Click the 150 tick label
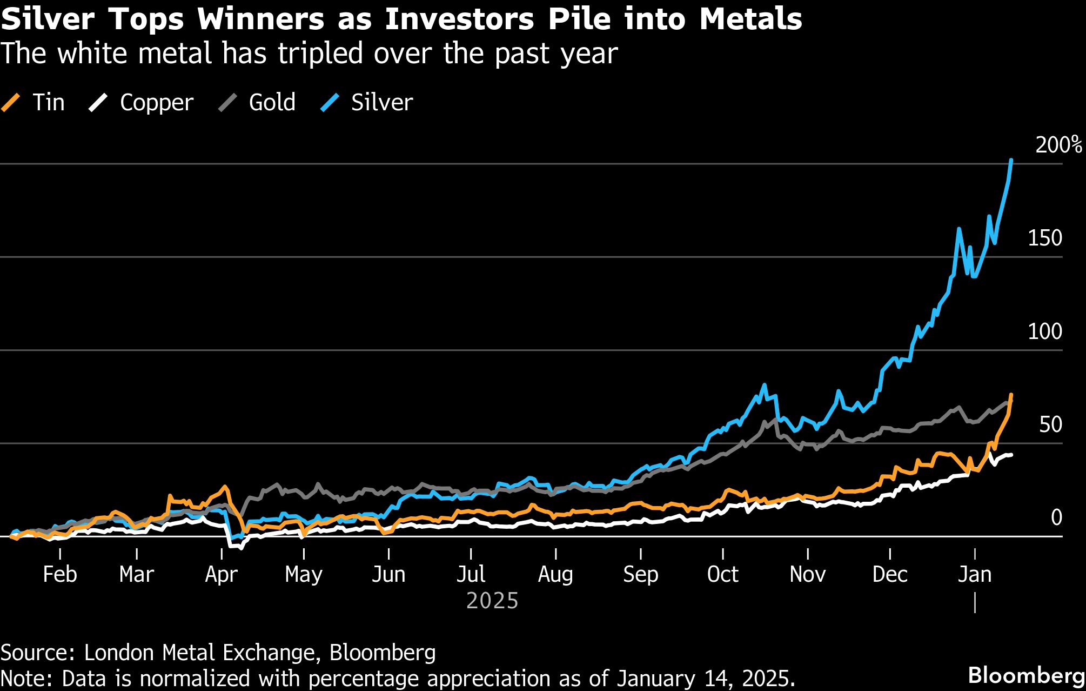click(1045, 238)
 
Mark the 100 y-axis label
click(1045, 331)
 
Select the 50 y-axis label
click(1050, 425)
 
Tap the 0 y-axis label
click(1056, 518)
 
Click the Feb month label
click(59, 574)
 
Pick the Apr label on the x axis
click(221, 574)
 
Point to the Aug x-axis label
click(555, 574)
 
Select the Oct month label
click(722, 574)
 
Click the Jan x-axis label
click(975, 574)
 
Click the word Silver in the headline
click(48, 19)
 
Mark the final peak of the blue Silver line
click(1011, 161)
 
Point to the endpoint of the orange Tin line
click(1011, 395)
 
